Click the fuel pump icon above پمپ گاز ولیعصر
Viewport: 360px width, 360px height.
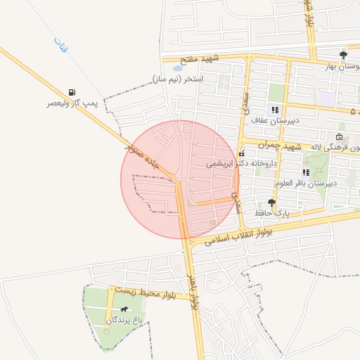coord(72,92)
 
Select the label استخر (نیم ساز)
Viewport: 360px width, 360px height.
coord(178,79)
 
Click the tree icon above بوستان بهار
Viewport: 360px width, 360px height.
coord(343,55)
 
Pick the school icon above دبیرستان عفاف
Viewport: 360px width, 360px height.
coord(275,110)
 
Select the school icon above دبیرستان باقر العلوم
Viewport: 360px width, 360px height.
coord(306,172)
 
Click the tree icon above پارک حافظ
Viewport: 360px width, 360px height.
coord(271,202)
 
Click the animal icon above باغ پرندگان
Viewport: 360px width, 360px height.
coord(124,309)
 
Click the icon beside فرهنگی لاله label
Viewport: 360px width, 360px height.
coord(340,137)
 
